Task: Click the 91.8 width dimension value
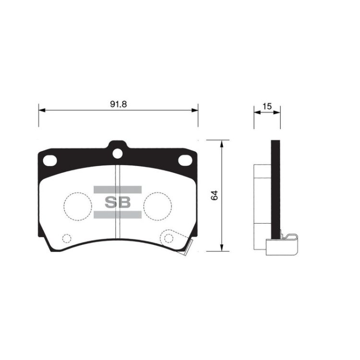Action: point(118,104)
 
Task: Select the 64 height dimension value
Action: point(215,195)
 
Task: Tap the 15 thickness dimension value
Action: point(267,107)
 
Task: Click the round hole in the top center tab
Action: point(117,154)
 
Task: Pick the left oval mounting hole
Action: point(50,160)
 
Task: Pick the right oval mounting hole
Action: point(185,160)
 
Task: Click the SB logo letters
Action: point(118,202)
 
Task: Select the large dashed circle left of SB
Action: point(78,206)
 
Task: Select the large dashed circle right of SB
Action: point(158,206)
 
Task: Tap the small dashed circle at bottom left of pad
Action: point(67,239)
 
